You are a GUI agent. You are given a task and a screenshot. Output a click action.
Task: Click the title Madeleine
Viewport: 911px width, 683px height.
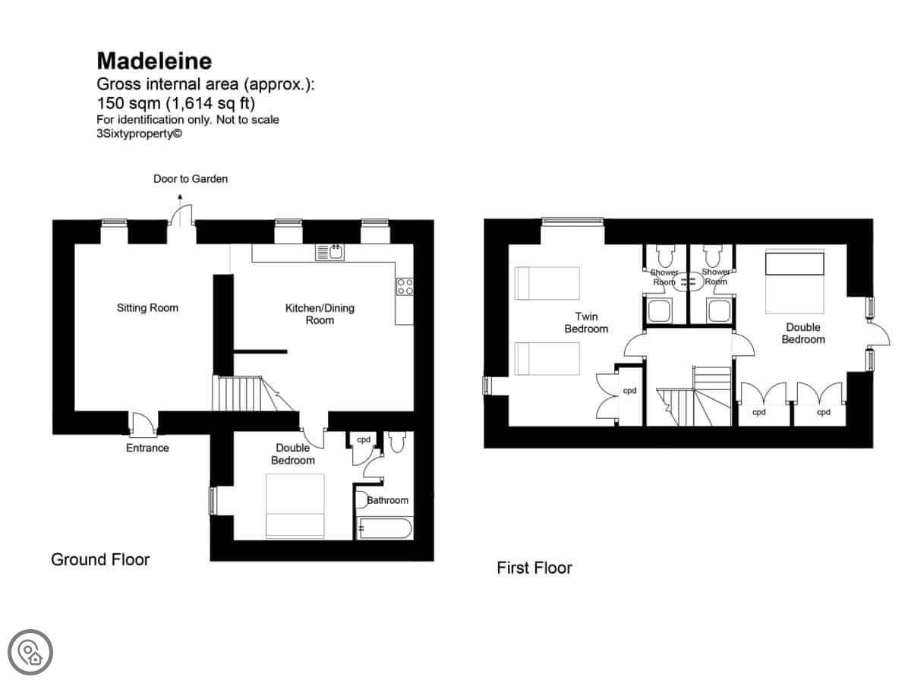point(154,61)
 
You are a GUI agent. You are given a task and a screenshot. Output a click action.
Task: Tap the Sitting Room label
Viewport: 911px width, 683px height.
point(147,307)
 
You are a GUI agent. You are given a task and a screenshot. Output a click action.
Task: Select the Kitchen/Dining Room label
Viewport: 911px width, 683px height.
point(320,314)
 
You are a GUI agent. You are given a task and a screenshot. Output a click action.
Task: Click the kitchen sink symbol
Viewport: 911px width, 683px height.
point(330,252)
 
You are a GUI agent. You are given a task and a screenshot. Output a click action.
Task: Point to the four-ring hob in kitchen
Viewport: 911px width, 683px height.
point(405,286)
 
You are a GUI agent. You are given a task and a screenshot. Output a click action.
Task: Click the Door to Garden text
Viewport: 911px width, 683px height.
point(191,179)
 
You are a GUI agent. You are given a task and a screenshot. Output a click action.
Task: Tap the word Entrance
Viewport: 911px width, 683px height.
point(147,448)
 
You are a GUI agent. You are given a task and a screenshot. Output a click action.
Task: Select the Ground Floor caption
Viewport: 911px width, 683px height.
point(100,559)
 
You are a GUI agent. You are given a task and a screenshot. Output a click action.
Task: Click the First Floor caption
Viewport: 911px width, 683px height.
point(534,568)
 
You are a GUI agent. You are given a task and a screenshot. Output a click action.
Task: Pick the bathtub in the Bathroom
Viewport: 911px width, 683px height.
point(385,528)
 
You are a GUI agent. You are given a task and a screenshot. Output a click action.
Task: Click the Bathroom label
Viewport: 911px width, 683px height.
point(387,500)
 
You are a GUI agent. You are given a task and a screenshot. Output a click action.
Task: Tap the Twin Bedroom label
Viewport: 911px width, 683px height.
point(586,323)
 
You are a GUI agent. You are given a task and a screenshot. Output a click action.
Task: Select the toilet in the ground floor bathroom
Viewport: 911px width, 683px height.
point(397,441)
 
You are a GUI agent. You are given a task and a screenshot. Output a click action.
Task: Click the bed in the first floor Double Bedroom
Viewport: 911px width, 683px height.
point(794,281)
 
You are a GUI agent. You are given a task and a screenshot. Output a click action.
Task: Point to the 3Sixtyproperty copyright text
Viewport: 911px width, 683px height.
point(139,134)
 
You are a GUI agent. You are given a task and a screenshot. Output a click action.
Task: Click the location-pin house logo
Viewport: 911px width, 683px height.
point(30,653)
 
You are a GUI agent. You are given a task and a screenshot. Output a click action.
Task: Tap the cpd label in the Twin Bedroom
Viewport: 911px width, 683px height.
point(629,391)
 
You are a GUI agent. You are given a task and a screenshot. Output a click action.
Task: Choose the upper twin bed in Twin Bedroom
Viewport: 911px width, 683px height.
point(547,283)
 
